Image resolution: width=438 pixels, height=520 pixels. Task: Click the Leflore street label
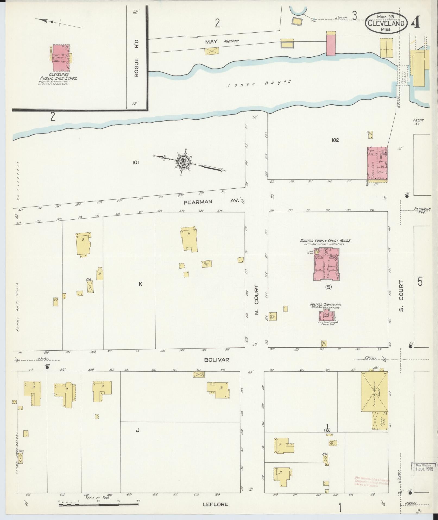tap(215, 497)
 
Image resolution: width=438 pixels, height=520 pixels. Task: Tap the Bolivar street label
tap(217, 360)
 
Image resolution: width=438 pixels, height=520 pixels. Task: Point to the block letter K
tap(140, 284)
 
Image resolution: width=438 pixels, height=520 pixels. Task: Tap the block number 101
tap(136, 163)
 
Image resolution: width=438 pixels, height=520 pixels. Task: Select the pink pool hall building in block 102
tap(377, 164)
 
